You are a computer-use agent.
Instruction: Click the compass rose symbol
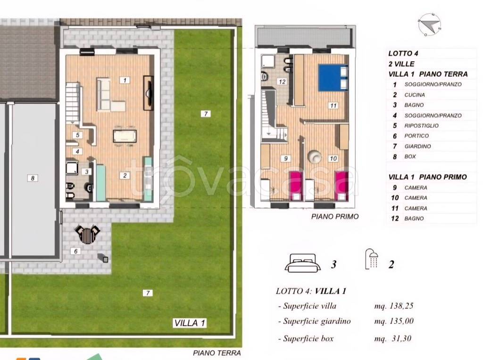(x=430, y=25)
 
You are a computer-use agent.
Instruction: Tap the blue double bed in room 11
(x=333, y=78)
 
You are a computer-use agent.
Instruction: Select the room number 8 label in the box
(x=33, y=178)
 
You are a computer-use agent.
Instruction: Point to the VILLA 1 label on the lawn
(x=190, y=323)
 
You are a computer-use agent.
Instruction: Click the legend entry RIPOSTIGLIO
(x=421, y=125)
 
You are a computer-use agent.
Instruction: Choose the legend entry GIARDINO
(x=418, y=146)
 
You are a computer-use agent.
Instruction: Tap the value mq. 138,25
(x=394, y=306)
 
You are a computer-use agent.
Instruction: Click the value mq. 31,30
(x=393, y=338)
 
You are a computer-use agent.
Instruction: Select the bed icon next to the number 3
(x=303, y=263)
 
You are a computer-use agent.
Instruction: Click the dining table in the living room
(x=125, y=136)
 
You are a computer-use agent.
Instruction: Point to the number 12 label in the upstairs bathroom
(x=282, y=82)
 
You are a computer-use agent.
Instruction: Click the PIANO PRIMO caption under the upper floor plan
(x=335, y=217)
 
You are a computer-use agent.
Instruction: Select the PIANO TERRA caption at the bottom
(x=217, y=353)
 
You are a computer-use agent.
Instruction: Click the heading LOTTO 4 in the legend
(x=403, y=53)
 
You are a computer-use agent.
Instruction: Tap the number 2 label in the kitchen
(x=125, y=175)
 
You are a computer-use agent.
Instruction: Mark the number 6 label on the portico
(x=76, y=251)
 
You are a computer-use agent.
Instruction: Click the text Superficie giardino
(x=316, y=321)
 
